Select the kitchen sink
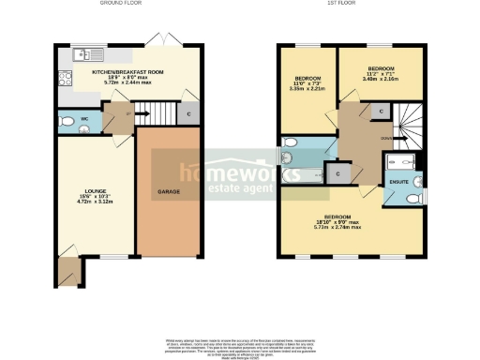tap(74, 53)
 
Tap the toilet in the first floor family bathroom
tap(289, 143)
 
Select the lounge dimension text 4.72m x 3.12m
tap(95, 202)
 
